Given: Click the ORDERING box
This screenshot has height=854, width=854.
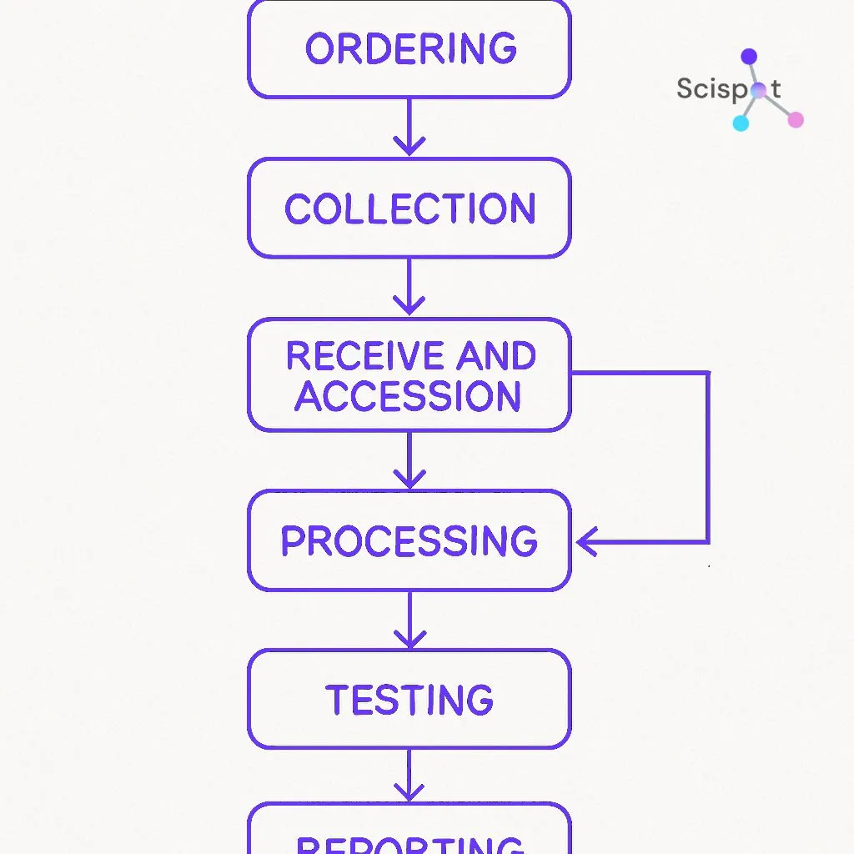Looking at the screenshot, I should point(409,48).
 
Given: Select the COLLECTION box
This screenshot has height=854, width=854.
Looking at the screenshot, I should point(409,208).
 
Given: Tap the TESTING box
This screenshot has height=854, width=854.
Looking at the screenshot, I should point(409,699).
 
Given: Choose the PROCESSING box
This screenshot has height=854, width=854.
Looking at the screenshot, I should point(409,540).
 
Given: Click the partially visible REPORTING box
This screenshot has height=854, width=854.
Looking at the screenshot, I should point(409,834).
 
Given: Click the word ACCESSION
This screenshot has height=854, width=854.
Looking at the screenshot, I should point(409,395).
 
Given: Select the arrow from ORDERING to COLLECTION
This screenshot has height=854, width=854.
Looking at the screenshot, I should point(409,127).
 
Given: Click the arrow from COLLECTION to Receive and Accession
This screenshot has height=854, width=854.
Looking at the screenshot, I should point(409,287).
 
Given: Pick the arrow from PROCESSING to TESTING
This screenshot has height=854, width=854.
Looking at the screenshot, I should point(409,620).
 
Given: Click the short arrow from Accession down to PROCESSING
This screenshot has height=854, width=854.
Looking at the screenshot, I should point(409,460).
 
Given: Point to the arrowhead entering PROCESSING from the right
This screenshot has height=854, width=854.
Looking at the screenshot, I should point(587,541).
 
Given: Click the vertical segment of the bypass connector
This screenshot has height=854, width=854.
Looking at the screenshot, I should point(708,457).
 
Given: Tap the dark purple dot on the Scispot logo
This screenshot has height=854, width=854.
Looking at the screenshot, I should point(749,57).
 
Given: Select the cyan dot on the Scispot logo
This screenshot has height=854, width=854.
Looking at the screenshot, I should point(741,123).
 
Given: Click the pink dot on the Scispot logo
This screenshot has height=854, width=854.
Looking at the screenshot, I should point(796,119).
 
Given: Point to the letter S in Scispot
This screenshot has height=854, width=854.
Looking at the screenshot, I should point(686,88).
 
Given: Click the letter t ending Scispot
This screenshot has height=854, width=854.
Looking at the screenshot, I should point(776,88).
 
